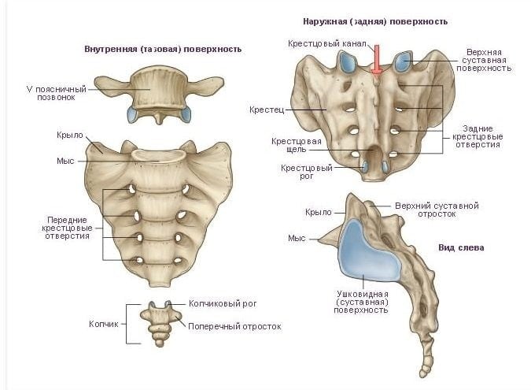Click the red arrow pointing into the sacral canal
click(376, 61)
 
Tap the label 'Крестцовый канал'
click(327, 43)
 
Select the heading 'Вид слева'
click(461, 247)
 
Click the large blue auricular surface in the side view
click(369, 251)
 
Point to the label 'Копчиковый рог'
click(223, 303)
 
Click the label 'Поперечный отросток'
click(234, 326)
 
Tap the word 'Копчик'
click(104, 324)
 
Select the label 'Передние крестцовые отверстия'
click(67, 228)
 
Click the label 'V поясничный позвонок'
click(57, 93)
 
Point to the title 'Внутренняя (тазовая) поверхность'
click(163, 49)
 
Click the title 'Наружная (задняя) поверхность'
click(375, 22)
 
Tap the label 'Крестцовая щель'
click(297, 145)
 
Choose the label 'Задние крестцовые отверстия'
click(478, 136)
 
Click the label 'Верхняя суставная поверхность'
click(484, 61)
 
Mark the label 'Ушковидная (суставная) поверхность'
click(361, 303)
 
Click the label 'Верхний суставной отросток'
click(437, 210)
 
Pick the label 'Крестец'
click(267, 110)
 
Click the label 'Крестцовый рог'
click(307, 172)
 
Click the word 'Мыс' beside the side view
click(297, 239)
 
